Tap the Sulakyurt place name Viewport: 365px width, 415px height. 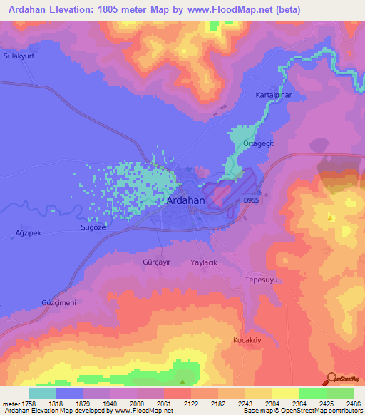(19, 55)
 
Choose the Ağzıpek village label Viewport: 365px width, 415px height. (29, 233)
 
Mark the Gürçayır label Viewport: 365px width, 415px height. (157, 262)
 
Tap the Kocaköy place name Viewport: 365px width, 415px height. (249, 340)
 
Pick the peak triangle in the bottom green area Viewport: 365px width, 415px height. (183, 381)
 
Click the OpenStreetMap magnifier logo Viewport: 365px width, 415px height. (330, 379)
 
